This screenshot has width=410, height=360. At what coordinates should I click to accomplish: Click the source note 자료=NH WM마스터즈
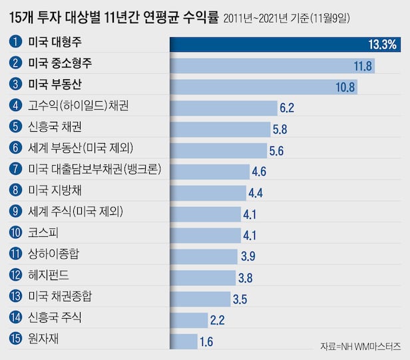point(359,347)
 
